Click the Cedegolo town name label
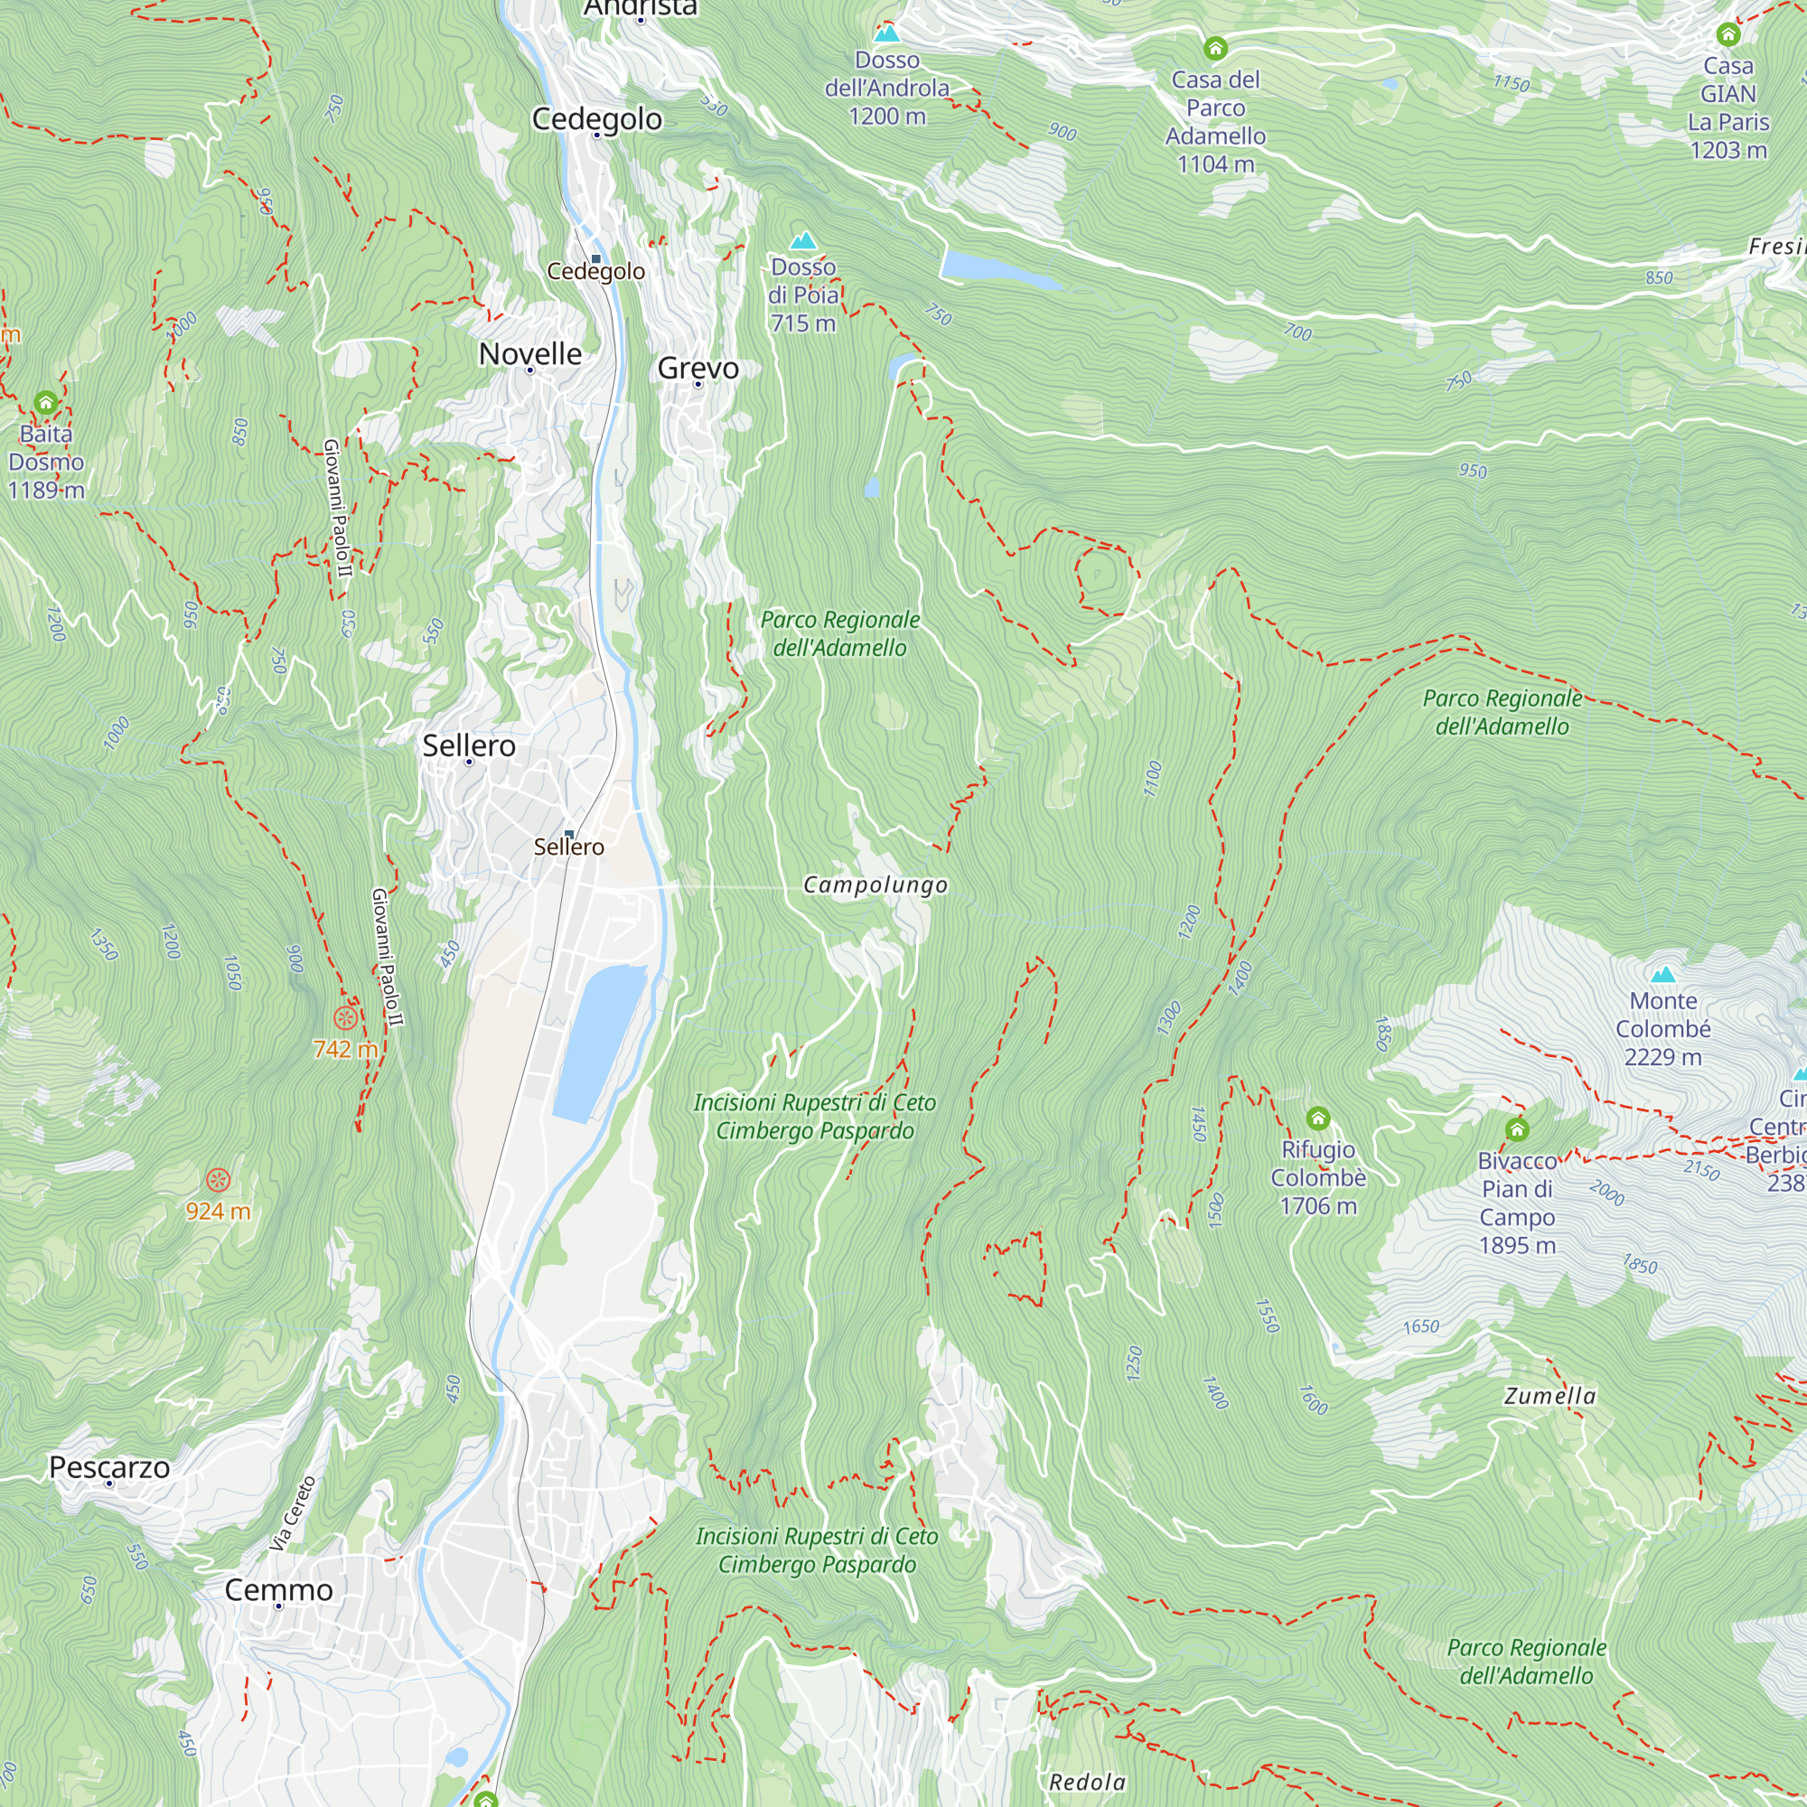(x=596, y=118)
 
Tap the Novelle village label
(x=529, y=353)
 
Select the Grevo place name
(x=698, y=368)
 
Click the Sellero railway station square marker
(x=568, y=833)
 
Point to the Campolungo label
(x=875, y=885)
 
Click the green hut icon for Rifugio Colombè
(x=1318, y=1118)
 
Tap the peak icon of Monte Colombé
(x=1663, y=975)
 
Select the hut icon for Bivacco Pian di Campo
(x=1517, y=1130)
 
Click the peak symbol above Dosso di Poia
(x=802, y=240)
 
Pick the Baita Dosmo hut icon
(x=46, y=403)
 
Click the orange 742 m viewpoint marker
(x=345, y=1017)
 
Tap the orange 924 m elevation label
(x=218, y=1212)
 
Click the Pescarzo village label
(x=109, y=1467)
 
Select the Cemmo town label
(x=278, y=1590)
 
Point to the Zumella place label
(x=1550, y=1397)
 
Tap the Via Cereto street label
(x=293, y=1513)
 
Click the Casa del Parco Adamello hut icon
(x=1215, y=47)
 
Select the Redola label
(x=1087, y=1782)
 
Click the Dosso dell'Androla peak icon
(x=886, y=33)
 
